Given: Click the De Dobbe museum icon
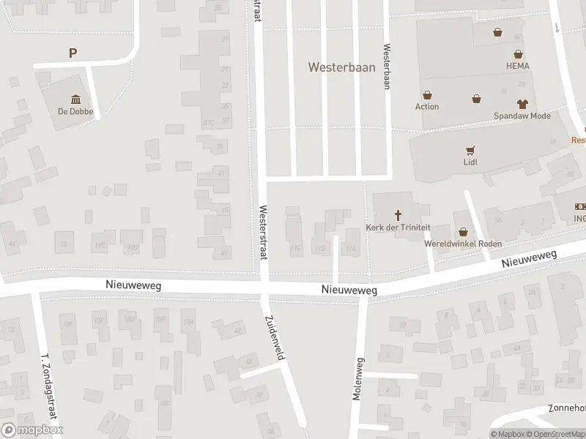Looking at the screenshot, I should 75,100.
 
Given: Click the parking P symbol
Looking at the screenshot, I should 73,53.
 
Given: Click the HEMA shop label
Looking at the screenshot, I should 517,66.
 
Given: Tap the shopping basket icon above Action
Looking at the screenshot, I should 427,94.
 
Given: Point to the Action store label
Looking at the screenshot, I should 427,107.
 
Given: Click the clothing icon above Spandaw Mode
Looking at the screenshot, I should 522,104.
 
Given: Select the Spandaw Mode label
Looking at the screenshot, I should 522,116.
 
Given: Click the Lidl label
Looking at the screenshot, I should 470,162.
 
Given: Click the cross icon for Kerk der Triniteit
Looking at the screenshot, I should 399,215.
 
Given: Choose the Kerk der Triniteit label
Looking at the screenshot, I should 399,228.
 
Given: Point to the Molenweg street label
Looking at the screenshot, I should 358,378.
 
